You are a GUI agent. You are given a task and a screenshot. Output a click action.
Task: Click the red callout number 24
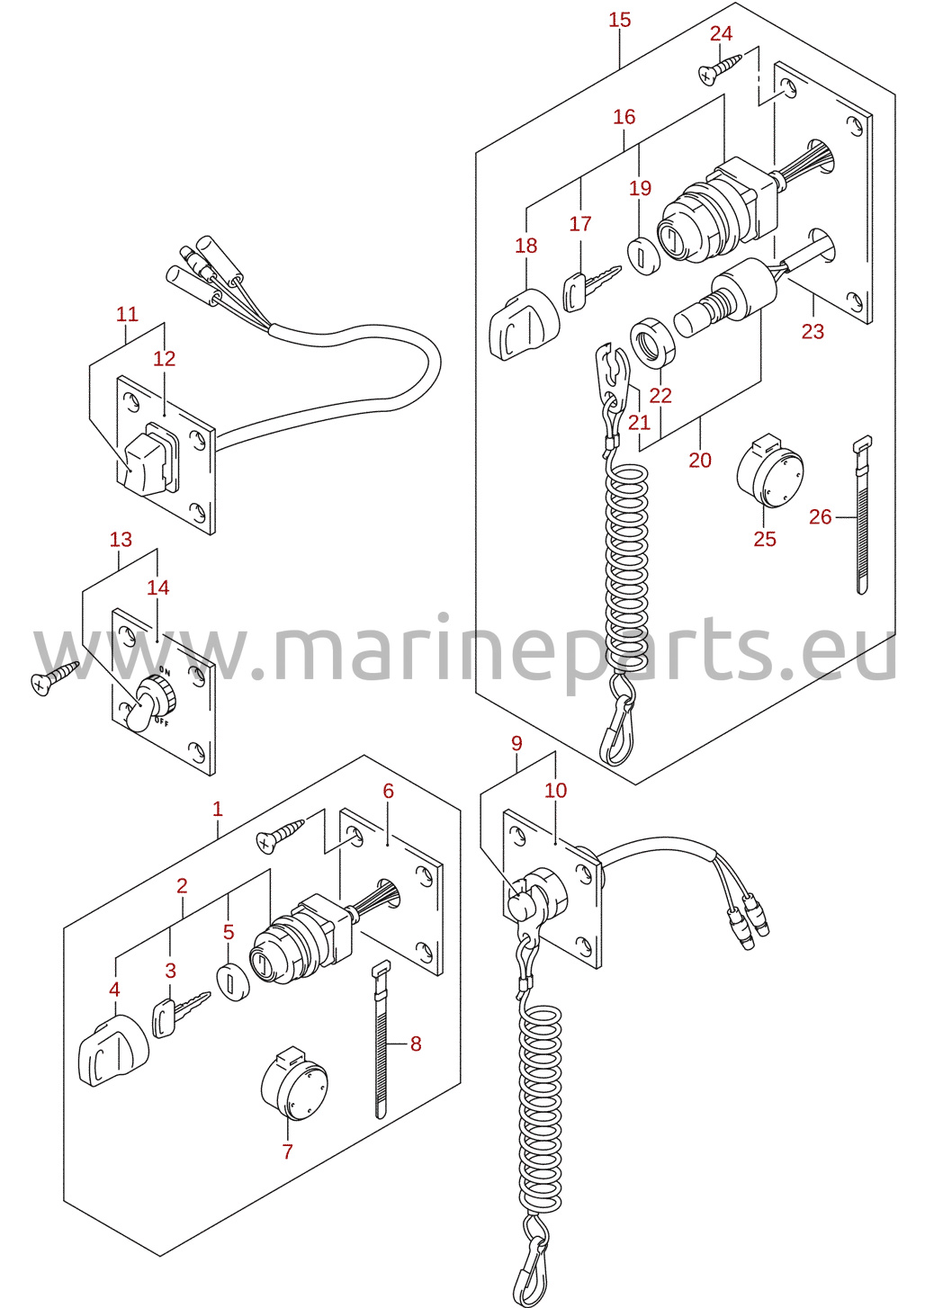pyautogui.click(x=721, y=34)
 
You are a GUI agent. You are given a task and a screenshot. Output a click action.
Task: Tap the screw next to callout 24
pyautogui.click(x=720, y=69)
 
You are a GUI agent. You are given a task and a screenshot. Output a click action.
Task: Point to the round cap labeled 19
pyautogui.click(x=643, y=253)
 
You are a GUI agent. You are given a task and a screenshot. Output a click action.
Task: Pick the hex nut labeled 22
pyautogui.click(x=653, y=345)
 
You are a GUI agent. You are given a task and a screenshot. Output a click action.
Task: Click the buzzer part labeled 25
pyautogui.click(x=769, y=470)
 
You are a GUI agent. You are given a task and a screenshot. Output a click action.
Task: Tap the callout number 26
pyautogui.click(x=820, y=516)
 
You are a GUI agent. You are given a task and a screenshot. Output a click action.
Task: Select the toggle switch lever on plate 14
pyautogui.click(x=139, y=711)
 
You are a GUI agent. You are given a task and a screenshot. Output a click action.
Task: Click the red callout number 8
pyautogui.click(x=415, y=1043)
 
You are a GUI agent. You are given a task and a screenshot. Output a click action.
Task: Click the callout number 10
pyautogui.click(x=555, y=790)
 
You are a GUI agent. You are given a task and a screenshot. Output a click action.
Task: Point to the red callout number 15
pyautogui.click(x=620, y=20)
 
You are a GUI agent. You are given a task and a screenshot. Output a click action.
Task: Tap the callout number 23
pyautogui.click(x=813, y=332)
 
